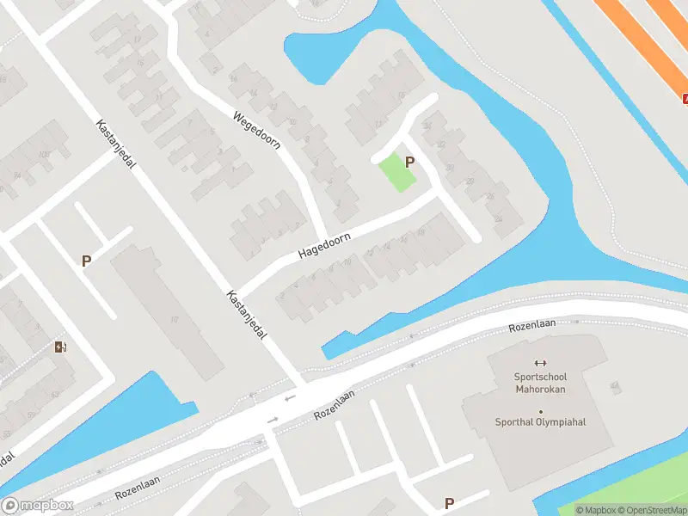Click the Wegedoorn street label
(x=257, y=129)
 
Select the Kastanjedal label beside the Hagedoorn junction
(x=247, y=313)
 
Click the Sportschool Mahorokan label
(x=541, y=382)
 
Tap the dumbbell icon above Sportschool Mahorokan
(x=541, y=363)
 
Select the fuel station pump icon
(x=60, y=347)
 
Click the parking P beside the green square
(x=410, y=162)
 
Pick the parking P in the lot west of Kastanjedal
(x=86, y=261)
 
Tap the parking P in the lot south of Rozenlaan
(x=449, y=503)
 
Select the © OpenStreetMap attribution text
(x=649, y=510)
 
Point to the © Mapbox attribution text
(x=593, y=510)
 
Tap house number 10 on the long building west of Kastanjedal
(x=175, y=321)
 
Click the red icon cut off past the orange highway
(x=685, y=99)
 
